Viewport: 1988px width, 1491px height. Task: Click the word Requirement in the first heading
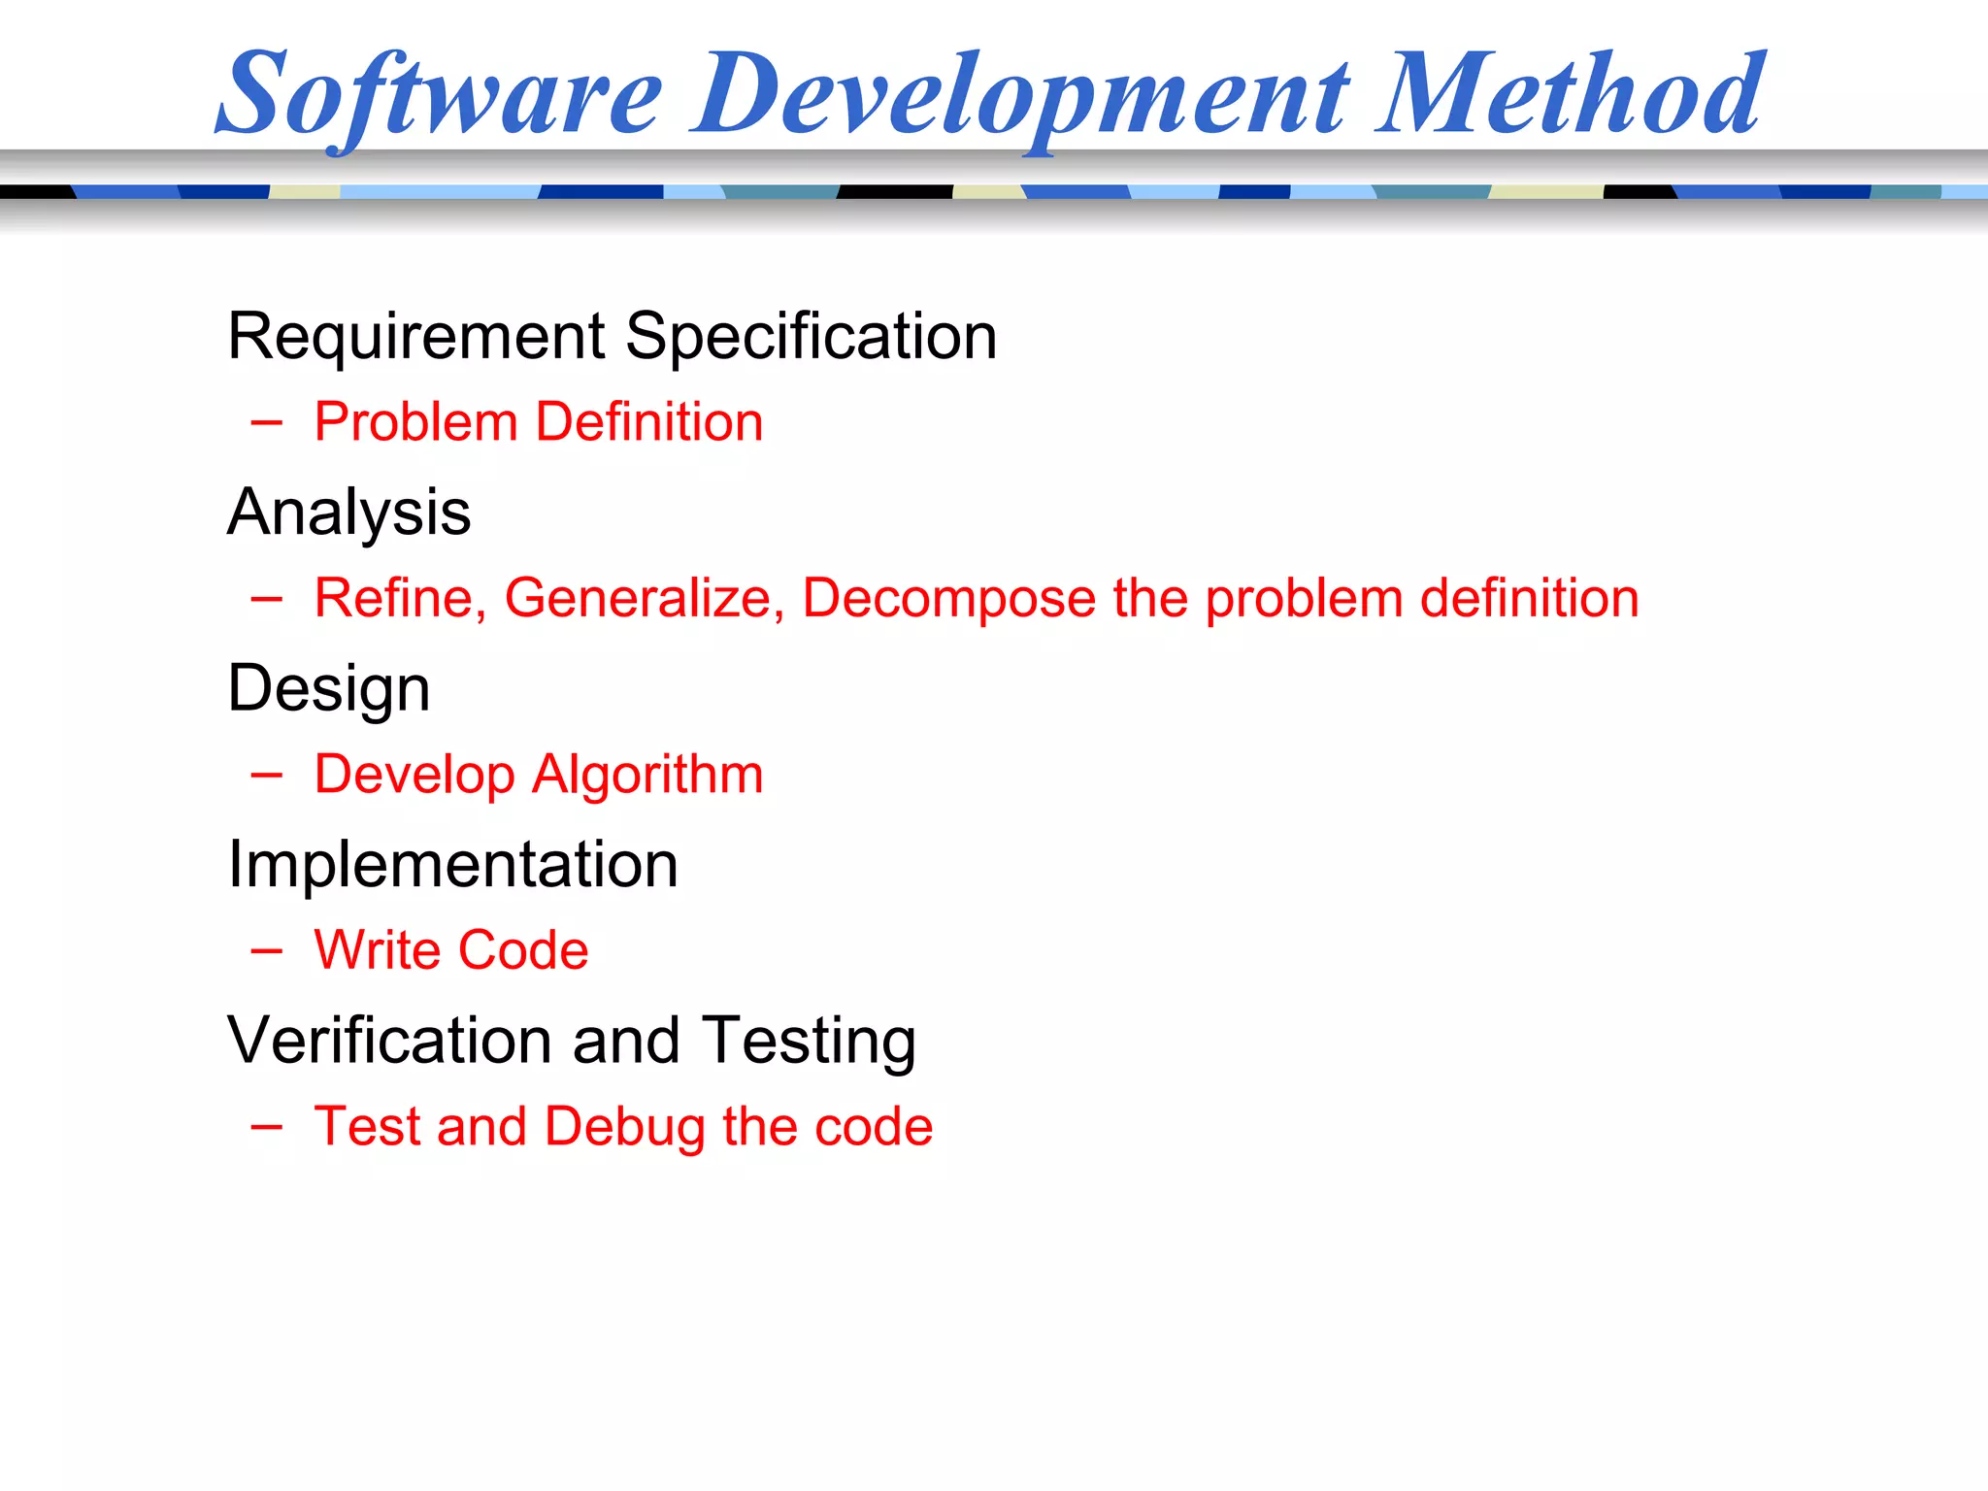[416, 337]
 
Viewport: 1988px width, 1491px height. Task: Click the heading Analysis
[348, 514]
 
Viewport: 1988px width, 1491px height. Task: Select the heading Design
[328, 690]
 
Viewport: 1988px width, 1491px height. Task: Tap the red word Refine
[399, 598]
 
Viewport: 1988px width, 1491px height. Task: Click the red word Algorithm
[647, 776]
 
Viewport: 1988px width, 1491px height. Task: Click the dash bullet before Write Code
[266, 950]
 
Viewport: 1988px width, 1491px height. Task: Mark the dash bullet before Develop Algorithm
[266, 775]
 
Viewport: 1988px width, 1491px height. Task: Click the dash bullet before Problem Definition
[266, 422]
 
